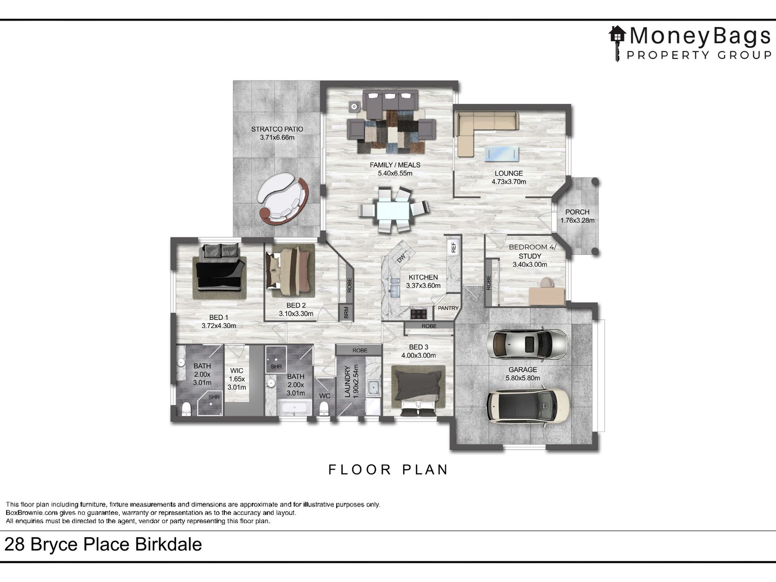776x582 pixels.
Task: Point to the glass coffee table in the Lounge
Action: point(502,154)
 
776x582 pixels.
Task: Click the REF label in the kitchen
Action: point(453,247)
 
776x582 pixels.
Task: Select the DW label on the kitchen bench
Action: point(401,258)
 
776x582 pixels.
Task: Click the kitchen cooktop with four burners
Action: point(418,314)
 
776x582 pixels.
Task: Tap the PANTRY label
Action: point(448,308)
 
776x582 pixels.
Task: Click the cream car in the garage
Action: point(528,406)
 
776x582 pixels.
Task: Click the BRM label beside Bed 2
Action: point(346,312)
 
